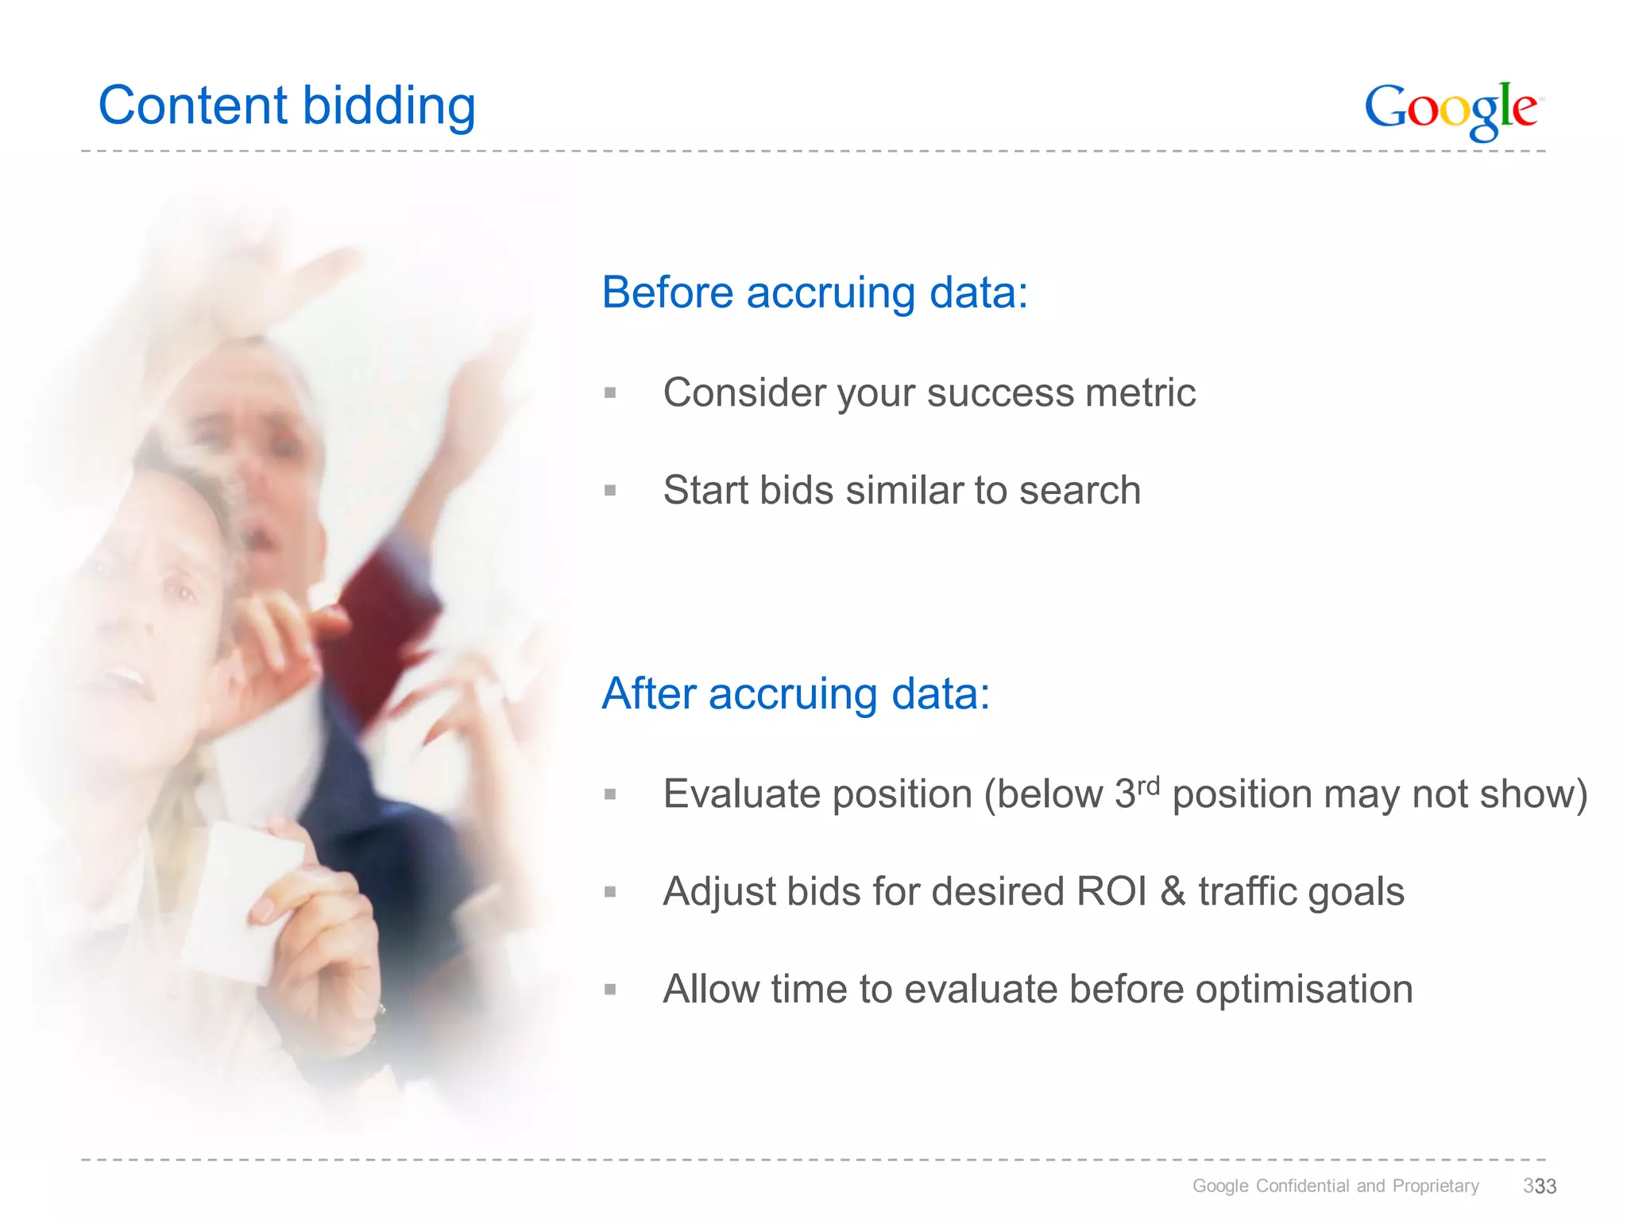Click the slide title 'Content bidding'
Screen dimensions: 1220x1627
pos(287,106)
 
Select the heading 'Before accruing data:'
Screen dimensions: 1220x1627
pos(814,292)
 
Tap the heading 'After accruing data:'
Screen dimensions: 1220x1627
pos(796,693)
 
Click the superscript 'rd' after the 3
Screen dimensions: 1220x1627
pos(1149,786)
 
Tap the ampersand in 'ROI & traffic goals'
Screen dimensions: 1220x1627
pos(1173,891)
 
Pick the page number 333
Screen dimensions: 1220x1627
pos(1540,1186)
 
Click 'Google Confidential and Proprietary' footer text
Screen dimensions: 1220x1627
pos(1335,1186)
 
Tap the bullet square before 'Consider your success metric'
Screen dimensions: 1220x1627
pos(610,392)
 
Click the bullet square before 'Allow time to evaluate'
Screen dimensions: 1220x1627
pos(610,990)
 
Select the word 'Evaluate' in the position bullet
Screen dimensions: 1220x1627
pos(738,794)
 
